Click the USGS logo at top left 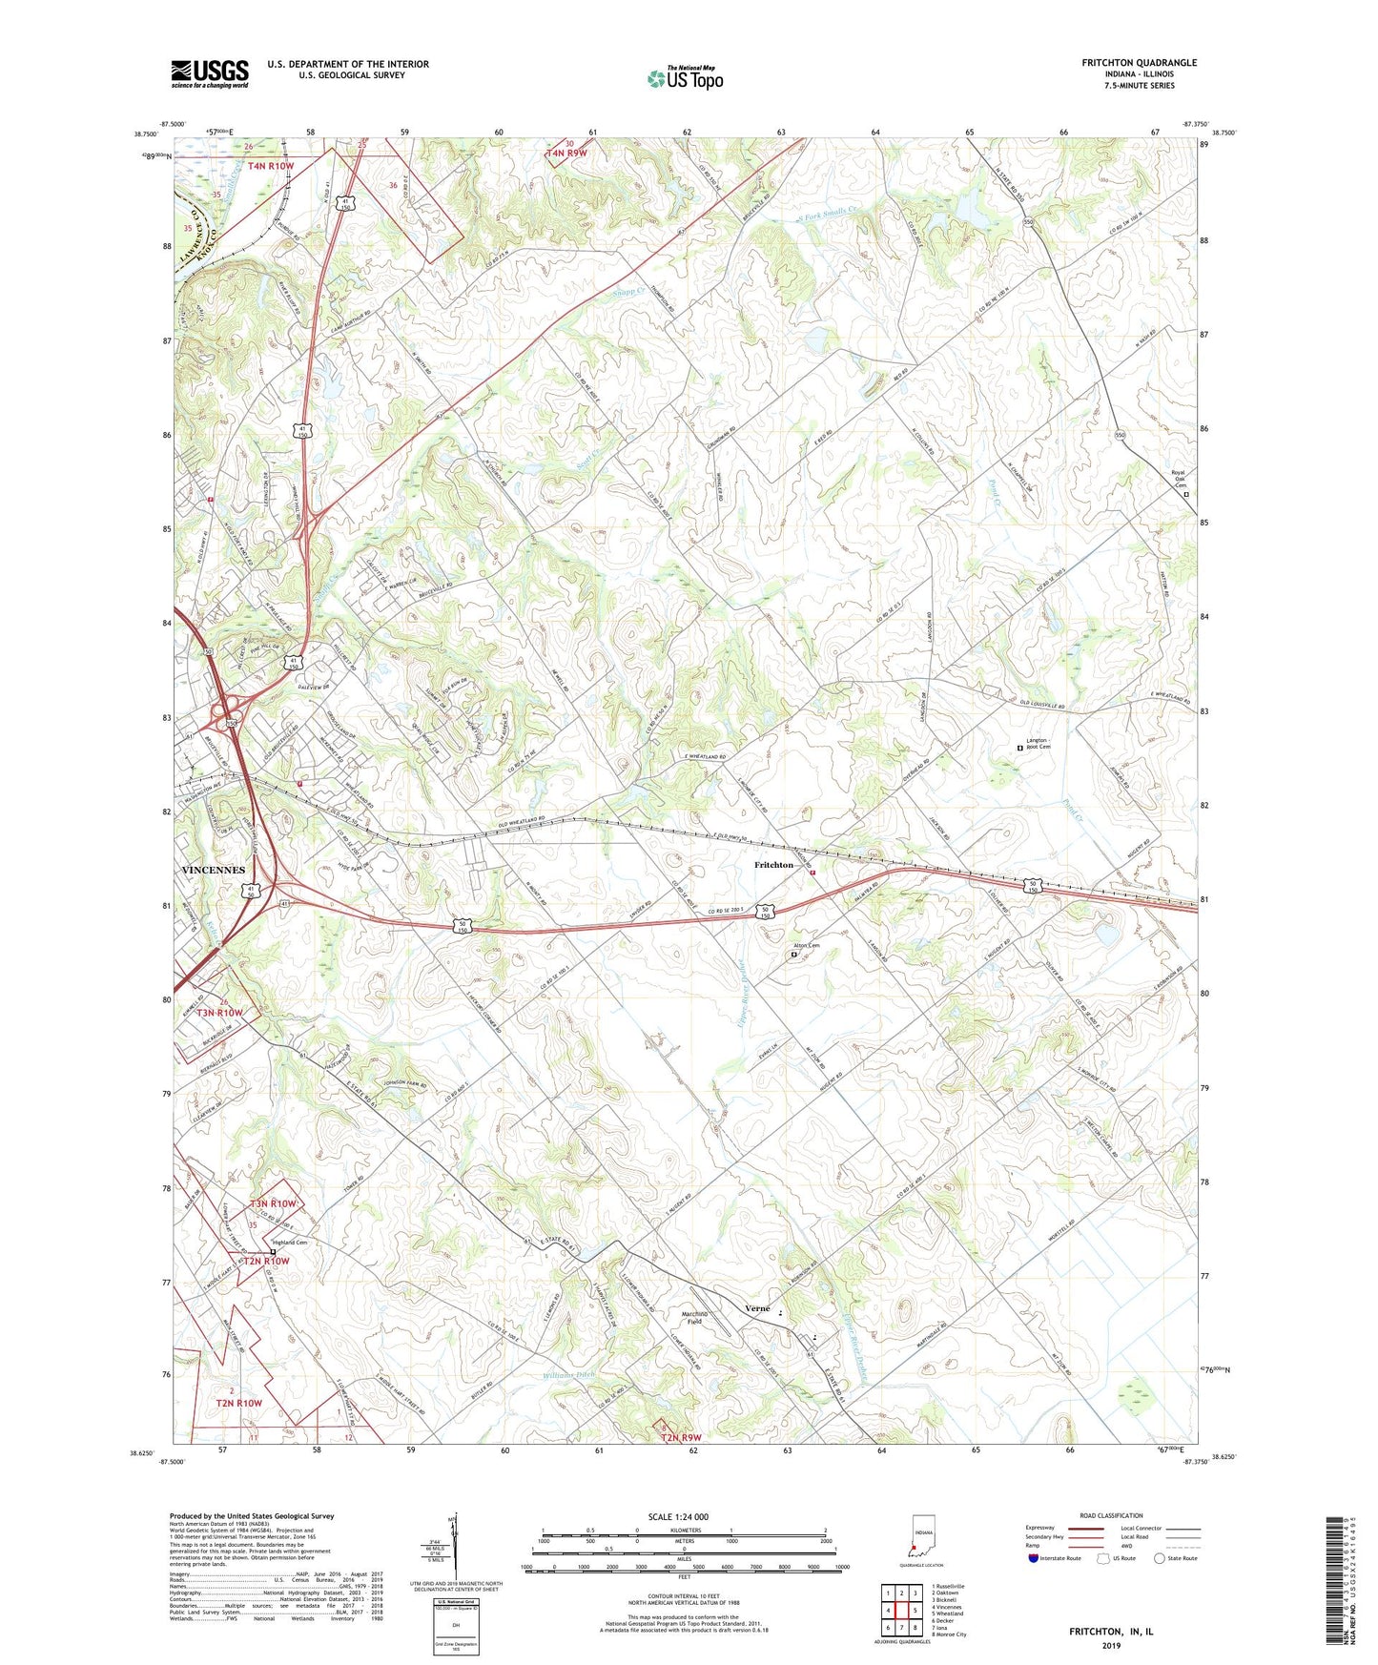click(x=210, y=73)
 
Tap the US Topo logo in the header click(x=685, y=78)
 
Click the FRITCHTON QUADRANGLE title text click(x=1139, y=63)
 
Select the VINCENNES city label click(x=213, y=870)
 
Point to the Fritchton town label click(x=773, y=865)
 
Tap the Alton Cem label click(x=807, y=946)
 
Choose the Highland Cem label click(x=290, y=1243)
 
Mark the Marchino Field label click(x=693, y=1317)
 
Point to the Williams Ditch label click(x=569, y=1375)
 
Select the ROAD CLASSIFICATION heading click(x=1111, y=1515)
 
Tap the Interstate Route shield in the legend click(x=1034, y=1558)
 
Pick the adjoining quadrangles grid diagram click(x=900, y=1611)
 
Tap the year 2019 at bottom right click(x=1111, y=1645)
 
